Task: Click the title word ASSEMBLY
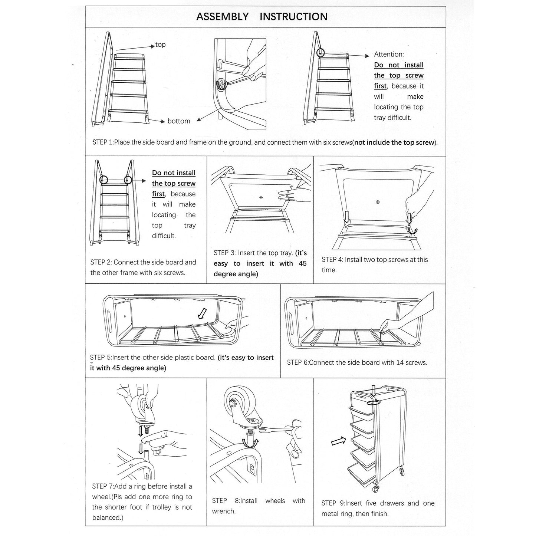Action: click(222, 17)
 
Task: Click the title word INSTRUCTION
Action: click(293, 17)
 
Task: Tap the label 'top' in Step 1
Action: click(160, 45)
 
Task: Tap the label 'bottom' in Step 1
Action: click(179, 121)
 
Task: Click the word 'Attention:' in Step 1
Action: click(389, 55)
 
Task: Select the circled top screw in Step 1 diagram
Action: click(320, 53)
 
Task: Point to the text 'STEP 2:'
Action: click(101, 262)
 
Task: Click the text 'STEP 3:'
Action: click(224, 253)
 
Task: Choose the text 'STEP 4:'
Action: click(332, 260)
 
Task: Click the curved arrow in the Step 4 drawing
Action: click(412, 231)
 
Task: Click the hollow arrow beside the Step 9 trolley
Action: click(337, 441)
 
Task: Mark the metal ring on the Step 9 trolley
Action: click(374, 402)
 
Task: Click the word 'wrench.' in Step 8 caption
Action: click(224, 511)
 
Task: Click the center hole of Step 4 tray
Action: click(378, 202)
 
